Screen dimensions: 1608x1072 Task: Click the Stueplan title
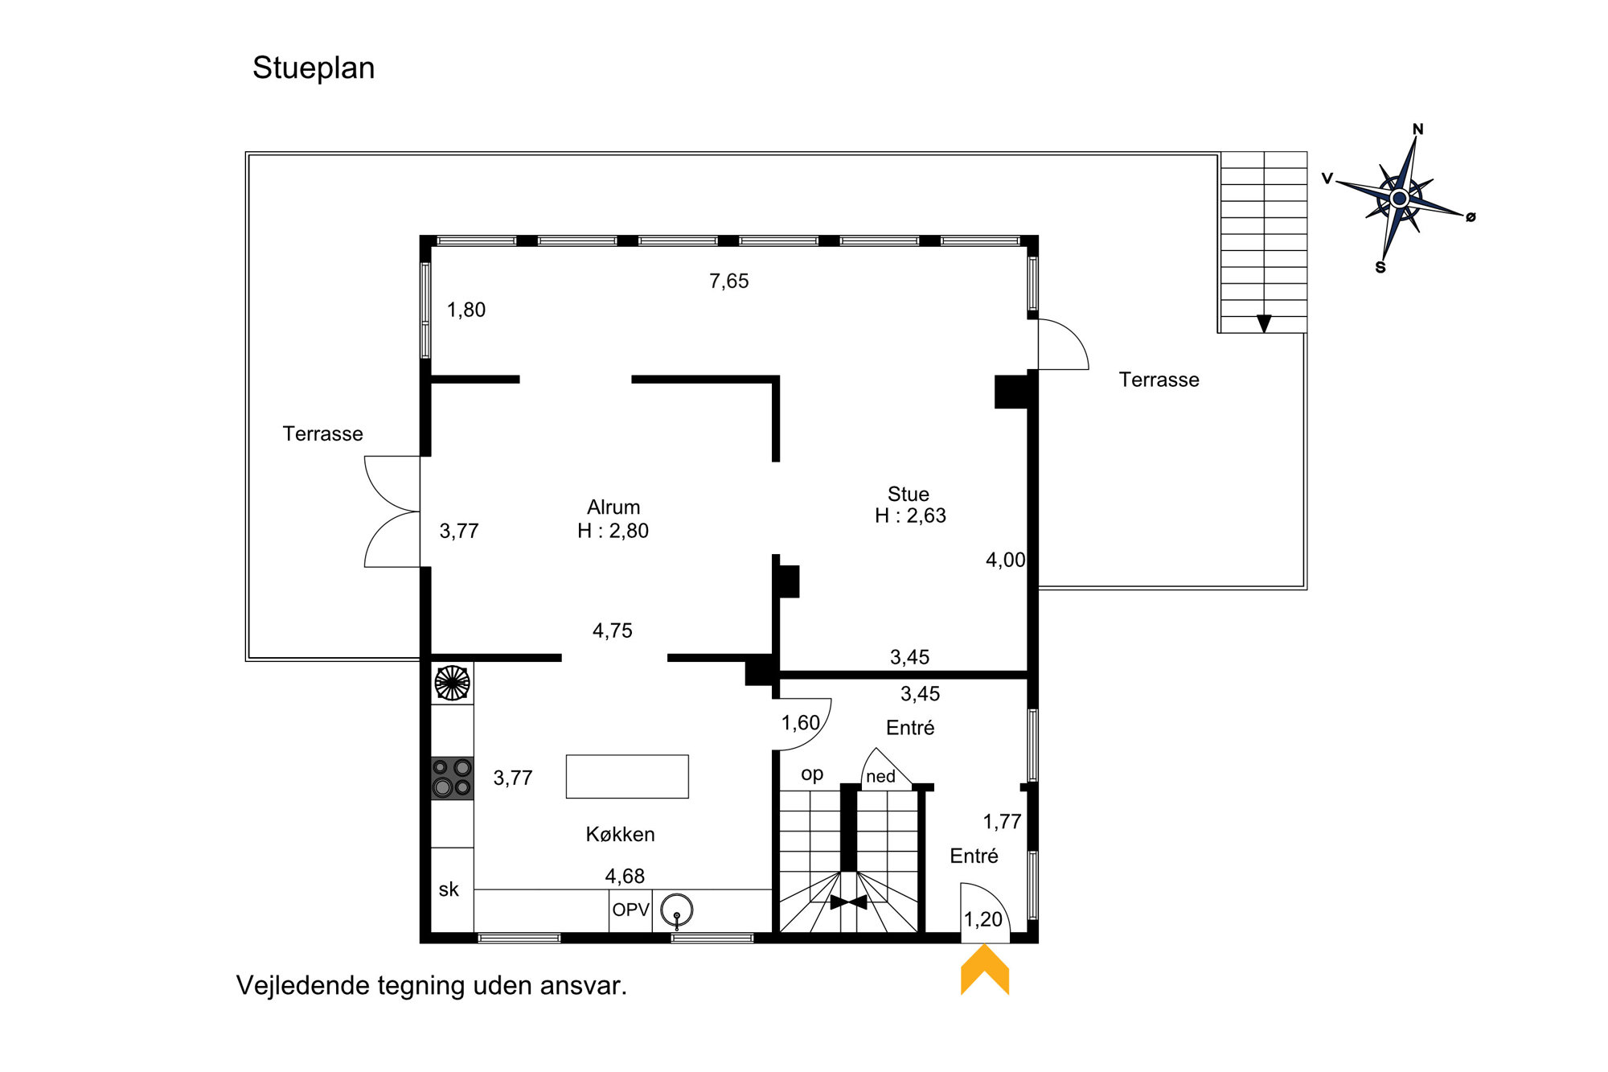pyautogui.click(x=314, y=68)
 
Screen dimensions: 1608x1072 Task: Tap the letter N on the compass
pyautogui.click(x=1418, y=129)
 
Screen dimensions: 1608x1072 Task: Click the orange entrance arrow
pyautogui.click(x=985, y=969)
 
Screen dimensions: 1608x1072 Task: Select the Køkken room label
pyautogui.click(x=620, y=834)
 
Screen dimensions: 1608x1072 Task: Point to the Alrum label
pyautogui.click(x=613, y=507)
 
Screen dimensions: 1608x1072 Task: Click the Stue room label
pyautogui.click(x=909, y=494)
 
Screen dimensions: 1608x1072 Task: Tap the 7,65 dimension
pyautogui.click(x=729, y=281)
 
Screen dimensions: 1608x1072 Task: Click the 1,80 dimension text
pyautogui.click(x=466, y=310)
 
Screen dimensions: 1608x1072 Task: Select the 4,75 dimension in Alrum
pyautogui.click(x=613, y=630)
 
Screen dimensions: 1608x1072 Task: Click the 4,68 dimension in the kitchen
pyautogui.click(x=625, y=876)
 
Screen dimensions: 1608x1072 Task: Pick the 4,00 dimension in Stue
pyautogui.click(x=1006, y=560)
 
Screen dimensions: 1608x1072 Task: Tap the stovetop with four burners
pyautogui.click(x=452, y=778)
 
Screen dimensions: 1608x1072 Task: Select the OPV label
pyautogui.click(x=630, y=910)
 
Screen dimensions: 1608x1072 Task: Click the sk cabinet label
pyautogui.click(x=449, y=889)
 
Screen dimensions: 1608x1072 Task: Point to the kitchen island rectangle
pyautogui.click(x=627, y=776)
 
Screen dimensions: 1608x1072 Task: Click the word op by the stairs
pyautogui.click(x=812, y=774)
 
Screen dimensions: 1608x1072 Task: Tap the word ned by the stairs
pyautogui.click(x=880, y=776)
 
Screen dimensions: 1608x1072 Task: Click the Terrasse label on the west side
pyautogui.click(x=322, y=433)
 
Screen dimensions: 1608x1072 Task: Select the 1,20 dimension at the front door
pyautogui.click(x=983, y=919)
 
